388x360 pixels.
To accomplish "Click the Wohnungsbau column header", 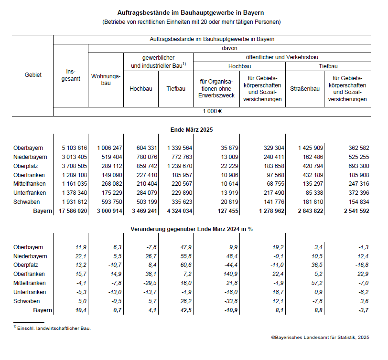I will tap(106, 80).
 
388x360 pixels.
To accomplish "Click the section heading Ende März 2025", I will tap(192, 129).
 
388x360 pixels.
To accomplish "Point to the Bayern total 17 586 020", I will tap(69, 211).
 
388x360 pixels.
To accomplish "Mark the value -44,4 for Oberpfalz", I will tap(225, 265).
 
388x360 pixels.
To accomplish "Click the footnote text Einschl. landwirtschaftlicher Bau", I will tap(54, 328).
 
